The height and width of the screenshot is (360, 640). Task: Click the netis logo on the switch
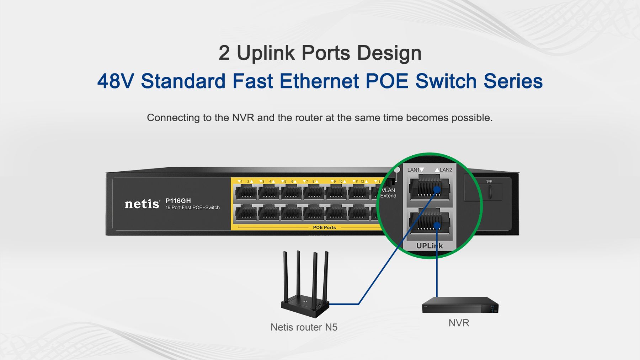[x=142, y=204]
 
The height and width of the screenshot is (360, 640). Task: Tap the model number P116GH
[x=178, y=201]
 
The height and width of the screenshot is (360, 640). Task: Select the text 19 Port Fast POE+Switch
[x=192, y=208]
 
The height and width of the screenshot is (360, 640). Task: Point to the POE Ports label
[x=324, y=227]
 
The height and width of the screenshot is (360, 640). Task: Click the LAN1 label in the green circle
[x=414, y=170]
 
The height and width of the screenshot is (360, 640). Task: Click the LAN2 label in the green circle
[x=446, y=170]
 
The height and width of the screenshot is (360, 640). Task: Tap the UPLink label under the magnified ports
[x=430, y=246]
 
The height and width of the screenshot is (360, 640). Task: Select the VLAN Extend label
[x=388, y=193]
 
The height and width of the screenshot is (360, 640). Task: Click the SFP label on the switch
[x=489, y=182]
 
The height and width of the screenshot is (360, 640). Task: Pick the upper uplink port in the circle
[x=429, y=188]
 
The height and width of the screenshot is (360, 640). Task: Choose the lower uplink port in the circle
[x=429, y=221]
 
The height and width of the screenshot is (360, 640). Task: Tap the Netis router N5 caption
[x=304, y=327]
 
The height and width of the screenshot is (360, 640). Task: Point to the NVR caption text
[x=459, y=323]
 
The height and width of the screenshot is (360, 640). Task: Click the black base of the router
[x=305, y=307]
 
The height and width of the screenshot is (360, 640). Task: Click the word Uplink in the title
[x=266, y=53]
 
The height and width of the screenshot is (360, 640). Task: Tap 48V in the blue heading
[x=116, y=81]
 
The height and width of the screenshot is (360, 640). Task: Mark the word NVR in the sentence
[x=243, y=118]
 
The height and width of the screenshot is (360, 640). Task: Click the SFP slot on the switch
[x=490, y=192]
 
